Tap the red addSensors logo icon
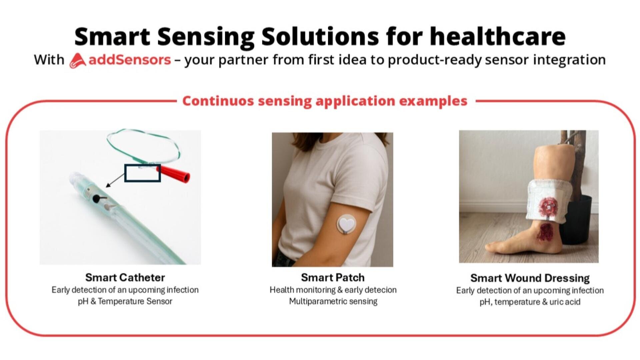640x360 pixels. pos(77,61)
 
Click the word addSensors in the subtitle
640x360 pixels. pos(130,60)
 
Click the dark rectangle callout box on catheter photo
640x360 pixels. pos(142,173)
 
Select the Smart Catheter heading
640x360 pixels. pos(125,277)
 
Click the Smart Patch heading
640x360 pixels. pos(332,277)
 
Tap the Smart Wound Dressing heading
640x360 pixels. pos(530,278)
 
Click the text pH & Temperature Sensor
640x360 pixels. pos(125,301)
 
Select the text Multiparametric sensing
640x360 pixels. pos(333,301)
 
